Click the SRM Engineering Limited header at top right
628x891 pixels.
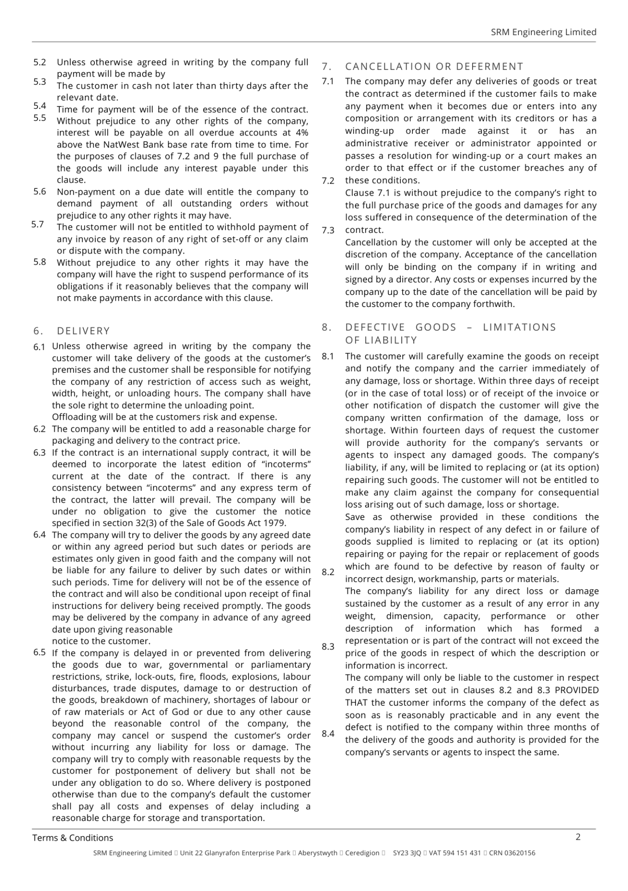click(543, 32)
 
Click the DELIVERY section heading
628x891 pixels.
click(83, 331)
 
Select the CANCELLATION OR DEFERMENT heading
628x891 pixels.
click(434, 66)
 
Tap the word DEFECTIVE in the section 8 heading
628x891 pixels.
click(375, 327)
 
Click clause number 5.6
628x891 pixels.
click(40, 192)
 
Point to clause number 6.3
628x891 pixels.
click(40, 453)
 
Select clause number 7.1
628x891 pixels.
click(328, 81)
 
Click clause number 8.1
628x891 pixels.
click(328, 356)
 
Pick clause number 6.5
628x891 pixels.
click(40, 653)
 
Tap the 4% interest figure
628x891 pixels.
click(302, 133)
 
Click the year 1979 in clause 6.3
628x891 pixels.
click(276, 523)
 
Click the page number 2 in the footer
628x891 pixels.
click(578, 837)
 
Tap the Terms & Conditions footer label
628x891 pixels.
click(73, 838)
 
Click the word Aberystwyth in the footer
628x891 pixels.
click(318, 853)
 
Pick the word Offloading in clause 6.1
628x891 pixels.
click(73, 417)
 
